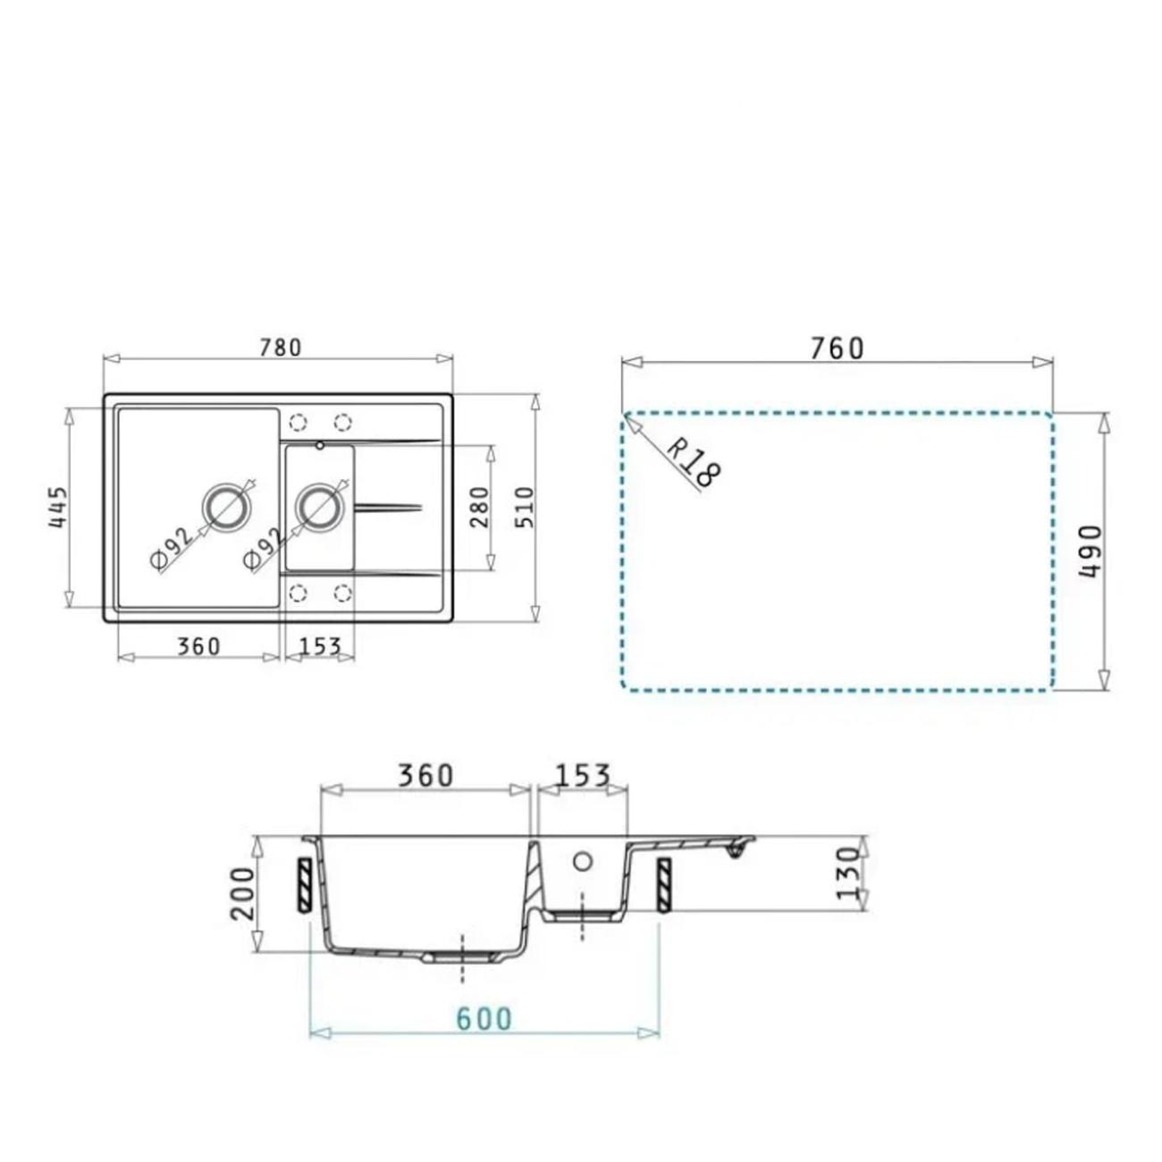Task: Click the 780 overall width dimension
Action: [x=280, y=347]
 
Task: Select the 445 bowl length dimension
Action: [x=58, y=507]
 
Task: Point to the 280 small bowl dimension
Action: [x=480, y=507]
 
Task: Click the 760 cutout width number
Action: [x=837, y=348]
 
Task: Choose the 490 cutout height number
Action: [x=1091, y=552]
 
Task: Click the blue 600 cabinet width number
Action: [x=484, y=1019]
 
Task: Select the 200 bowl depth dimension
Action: [x=242, y=893]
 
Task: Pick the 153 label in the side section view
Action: [x=582, y=775]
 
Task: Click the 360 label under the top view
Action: [x=198, y=645]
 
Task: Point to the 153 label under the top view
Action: [x=319, y=645]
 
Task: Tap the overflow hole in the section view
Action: [x=582, y=862]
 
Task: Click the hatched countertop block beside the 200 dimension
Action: [x=305, y=885]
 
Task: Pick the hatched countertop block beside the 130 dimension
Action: [x=664, y=885]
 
